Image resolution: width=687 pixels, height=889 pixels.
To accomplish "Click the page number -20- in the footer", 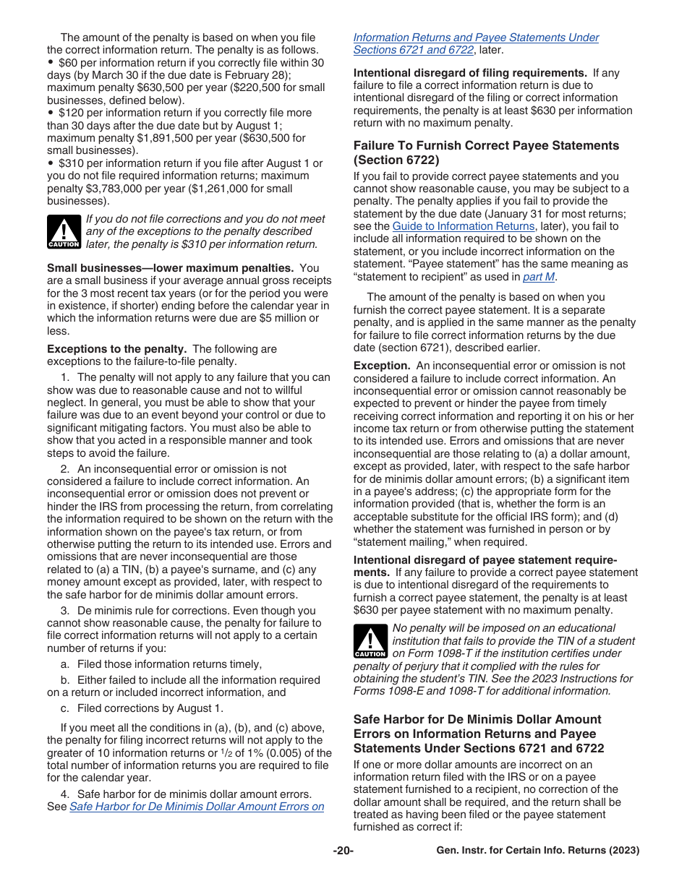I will [343, 851].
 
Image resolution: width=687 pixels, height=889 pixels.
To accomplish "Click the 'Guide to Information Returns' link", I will [464, 226].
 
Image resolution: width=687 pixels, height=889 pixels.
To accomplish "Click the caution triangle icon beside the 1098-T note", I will [370, 640].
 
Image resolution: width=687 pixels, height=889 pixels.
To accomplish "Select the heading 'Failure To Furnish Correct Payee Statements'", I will [486, 146].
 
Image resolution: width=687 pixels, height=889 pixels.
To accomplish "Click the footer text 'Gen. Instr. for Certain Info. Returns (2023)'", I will [537, 851].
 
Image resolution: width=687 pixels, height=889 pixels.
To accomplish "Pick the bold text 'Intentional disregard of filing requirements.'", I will [469, 73].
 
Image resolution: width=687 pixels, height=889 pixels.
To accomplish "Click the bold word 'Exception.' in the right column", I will [382, 366].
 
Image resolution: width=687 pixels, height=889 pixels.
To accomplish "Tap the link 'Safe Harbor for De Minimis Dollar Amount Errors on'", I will [197, 807].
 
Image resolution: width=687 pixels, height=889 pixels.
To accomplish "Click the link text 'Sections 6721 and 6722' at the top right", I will [414, 50].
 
